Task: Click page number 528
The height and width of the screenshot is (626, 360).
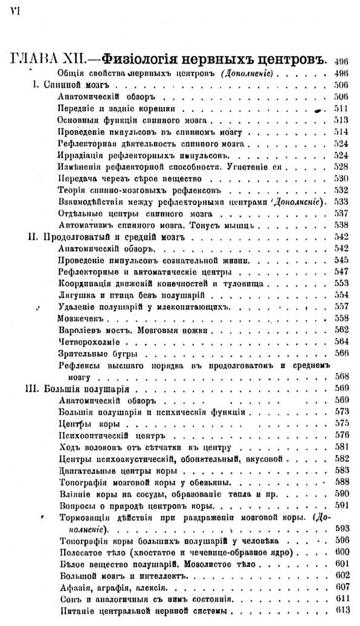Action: click(x=342, y=166)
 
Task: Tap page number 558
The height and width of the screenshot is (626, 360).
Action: click(x=342, y=318)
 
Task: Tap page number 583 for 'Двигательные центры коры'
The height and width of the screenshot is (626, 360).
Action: click(x=342, y=469)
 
